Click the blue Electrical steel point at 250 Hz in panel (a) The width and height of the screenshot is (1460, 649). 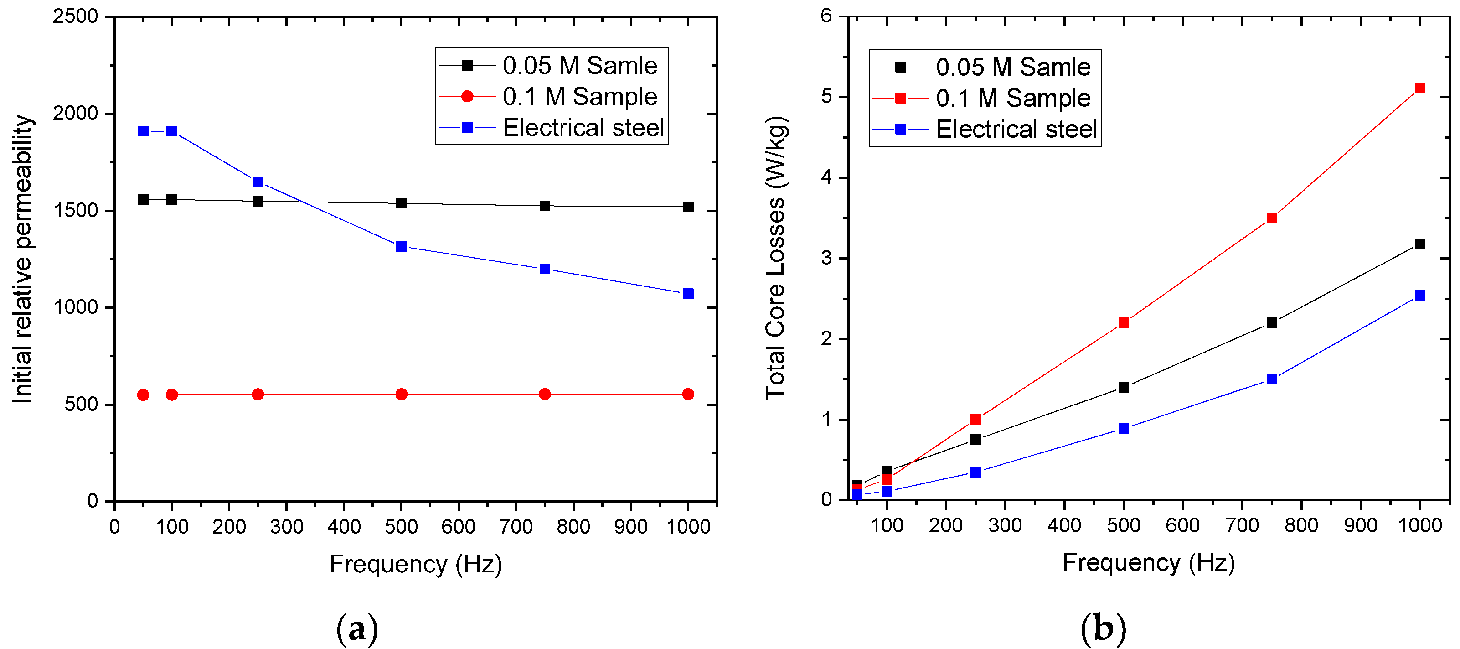[258, 182]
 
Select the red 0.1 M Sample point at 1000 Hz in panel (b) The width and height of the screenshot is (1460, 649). [1420, 88]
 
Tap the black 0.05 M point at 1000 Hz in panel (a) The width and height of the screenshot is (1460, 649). [688, 207]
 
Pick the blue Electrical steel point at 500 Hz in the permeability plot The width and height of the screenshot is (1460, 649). [401, 246]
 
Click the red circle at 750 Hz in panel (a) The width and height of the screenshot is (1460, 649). [545, 394]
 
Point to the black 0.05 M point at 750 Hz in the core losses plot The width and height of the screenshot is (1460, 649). [1272, 322]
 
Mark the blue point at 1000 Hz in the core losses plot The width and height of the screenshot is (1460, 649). [1420, 295]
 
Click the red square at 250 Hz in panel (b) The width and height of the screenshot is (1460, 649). [975, 419]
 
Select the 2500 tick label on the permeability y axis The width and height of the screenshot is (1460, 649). [75, 16]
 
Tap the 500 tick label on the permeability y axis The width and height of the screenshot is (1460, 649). [81, 404]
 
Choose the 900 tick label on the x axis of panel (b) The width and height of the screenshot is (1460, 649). [1360, 525]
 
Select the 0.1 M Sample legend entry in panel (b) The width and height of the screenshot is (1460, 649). [1013, 98]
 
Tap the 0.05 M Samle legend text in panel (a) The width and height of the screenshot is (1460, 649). [579, 66]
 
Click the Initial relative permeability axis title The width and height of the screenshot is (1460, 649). [23, 259]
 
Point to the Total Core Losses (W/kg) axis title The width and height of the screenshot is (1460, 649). [775, 258]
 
